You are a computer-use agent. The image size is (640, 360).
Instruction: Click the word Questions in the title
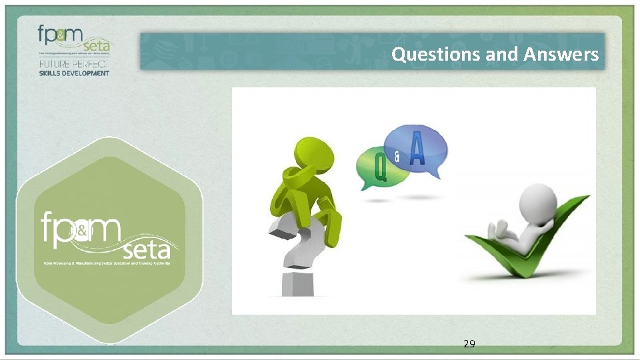(x=436, y=54)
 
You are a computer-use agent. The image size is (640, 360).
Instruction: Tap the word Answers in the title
(x=561, y=54)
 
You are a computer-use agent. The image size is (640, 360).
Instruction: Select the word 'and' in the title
(x=502, y=54)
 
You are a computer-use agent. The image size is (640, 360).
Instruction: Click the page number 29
(x=469, y=344)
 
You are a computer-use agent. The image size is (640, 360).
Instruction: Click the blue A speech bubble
(x=418, y=150)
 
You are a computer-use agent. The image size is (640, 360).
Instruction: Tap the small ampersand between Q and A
(x=397, y=158)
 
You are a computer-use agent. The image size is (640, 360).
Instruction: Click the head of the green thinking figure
(x=312, y=154)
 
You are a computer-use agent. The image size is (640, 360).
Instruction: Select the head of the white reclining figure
(x=538, y=200)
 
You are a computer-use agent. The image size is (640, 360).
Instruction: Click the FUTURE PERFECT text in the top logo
(x=73, y=63)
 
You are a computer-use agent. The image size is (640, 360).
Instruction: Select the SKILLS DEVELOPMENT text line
(x=73, y=73)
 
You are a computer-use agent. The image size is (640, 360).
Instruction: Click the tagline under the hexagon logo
(x=103, y=263)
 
